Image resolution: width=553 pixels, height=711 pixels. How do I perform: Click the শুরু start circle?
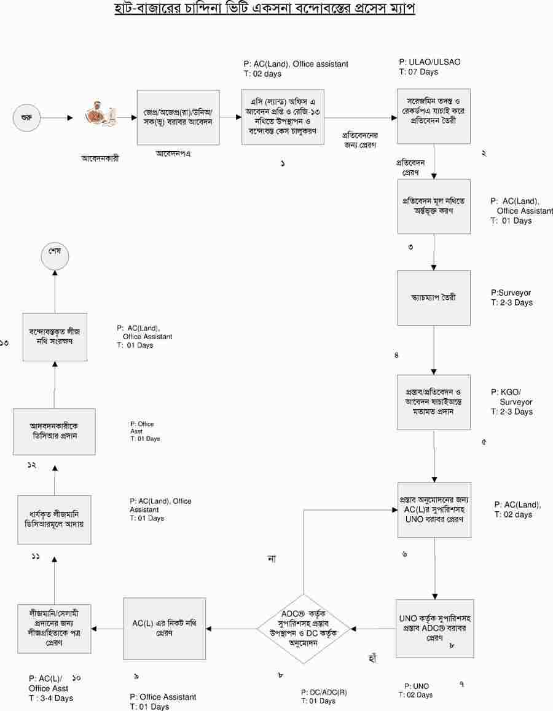(27, 117)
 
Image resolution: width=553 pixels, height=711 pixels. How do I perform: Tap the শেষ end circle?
(54, 256)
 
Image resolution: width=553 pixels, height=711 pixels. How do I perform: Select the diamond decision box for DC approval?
(304, 629)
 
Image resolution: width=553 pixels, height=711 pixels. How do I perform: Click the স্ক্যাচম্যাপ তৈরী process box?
(434, 298)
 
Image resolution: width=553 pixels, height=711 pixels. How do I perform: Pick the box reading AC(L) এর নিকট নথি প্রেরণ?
(164, 628)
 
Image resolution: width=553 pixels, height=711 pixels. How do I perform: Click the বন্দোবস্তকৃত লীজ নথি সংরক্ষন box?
(55, 337)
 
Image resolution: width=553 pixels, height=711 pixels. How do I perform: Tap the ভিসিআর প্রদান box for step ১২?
(54, 431)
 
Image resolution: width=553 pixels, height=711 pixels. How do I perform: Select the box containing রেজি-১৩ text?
(283, 117)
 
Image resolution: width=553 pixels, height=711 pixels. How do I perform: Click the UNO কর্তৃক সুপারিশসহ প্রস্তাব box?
(435, 628)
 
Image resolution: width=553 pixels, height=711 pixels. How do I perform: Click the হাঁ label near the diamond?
(371, 659)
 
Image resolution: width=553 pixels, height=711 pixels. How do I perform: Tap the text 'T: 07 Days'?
(418, 73)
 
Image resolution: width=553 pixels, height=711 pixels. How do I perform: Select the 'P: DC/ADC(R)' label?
(324, 692)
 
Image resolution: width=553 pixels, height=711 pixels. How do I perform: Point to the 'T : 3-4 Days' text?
(51, 698)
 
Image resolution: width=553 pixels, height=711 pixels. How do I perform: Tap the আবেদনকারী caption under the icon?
(100, 158)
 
